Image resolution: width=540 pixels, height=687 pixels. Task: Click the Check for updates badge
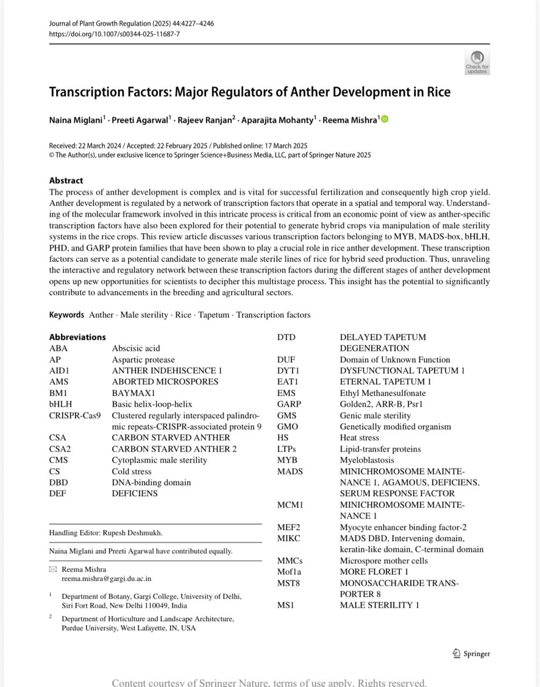click(x=477, y=62)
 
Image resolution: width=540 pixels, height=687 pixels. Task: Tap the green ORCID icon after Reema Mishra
click(x=385, y=119)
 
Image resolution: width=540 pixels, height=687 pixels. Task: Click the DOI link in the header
click(x=114, y=34)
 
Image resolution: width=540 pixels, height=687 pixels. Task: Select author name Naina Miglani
click(x=76, y=120)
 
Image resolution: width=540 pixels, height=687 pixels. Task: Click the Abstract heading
click(x=66, y=180)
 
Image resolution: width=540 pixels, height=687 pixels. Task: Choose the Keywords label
click(x=67, y=315)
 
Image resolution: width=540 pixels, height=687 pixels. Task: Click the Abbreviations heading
click(x=77, y=337)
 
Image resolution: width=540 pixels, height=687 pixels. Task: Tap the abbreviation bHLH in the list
click(x=60, y=404)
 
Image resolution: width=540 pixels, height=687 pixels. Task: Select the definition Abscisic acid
click(x=136, y=348)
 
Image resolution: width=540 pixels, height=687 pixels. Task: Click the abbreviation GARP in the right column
click(x=289, y=404)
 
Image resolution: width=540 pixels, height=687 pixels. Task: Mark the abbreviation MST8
click(x=288, y=583)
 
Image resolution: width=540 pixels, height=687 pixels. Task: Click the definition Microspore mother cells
click(x=384, y=561)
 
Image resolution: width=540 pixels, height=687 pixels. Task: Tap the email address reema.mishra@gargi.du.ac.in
click(x=106, y=579)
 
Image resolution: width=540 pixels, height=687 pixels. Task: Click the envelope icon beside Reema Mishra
click(x=53, y=569)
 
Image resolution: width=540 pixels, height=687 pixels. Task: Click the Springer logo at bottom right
click(x=471, y=654)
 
